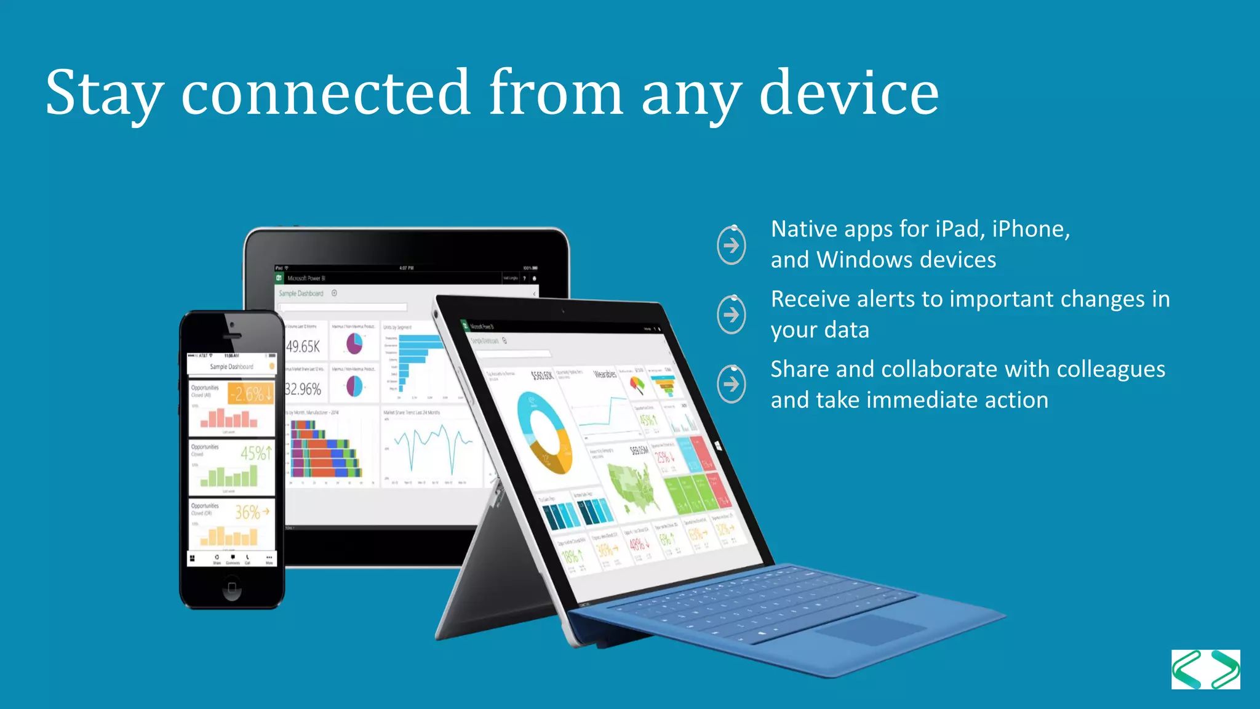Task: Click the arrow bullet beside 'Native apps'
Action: (732, 246)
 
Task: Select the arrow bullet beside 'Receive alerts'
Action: (732, 315)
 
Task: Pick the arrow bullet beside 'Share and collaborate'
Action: (732, 385)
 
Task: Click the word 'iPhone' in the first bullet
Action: (1031, 229)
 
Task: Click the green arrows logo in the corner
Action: (1205, 669)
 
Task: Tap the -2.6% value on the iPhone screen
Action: (250, 393)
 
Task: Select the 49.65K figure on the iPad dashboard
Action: (303, 346)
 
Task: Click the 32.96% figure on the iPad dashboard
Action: (303, 389)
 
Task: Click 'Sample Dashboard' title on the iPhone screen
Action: (231, 367)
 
